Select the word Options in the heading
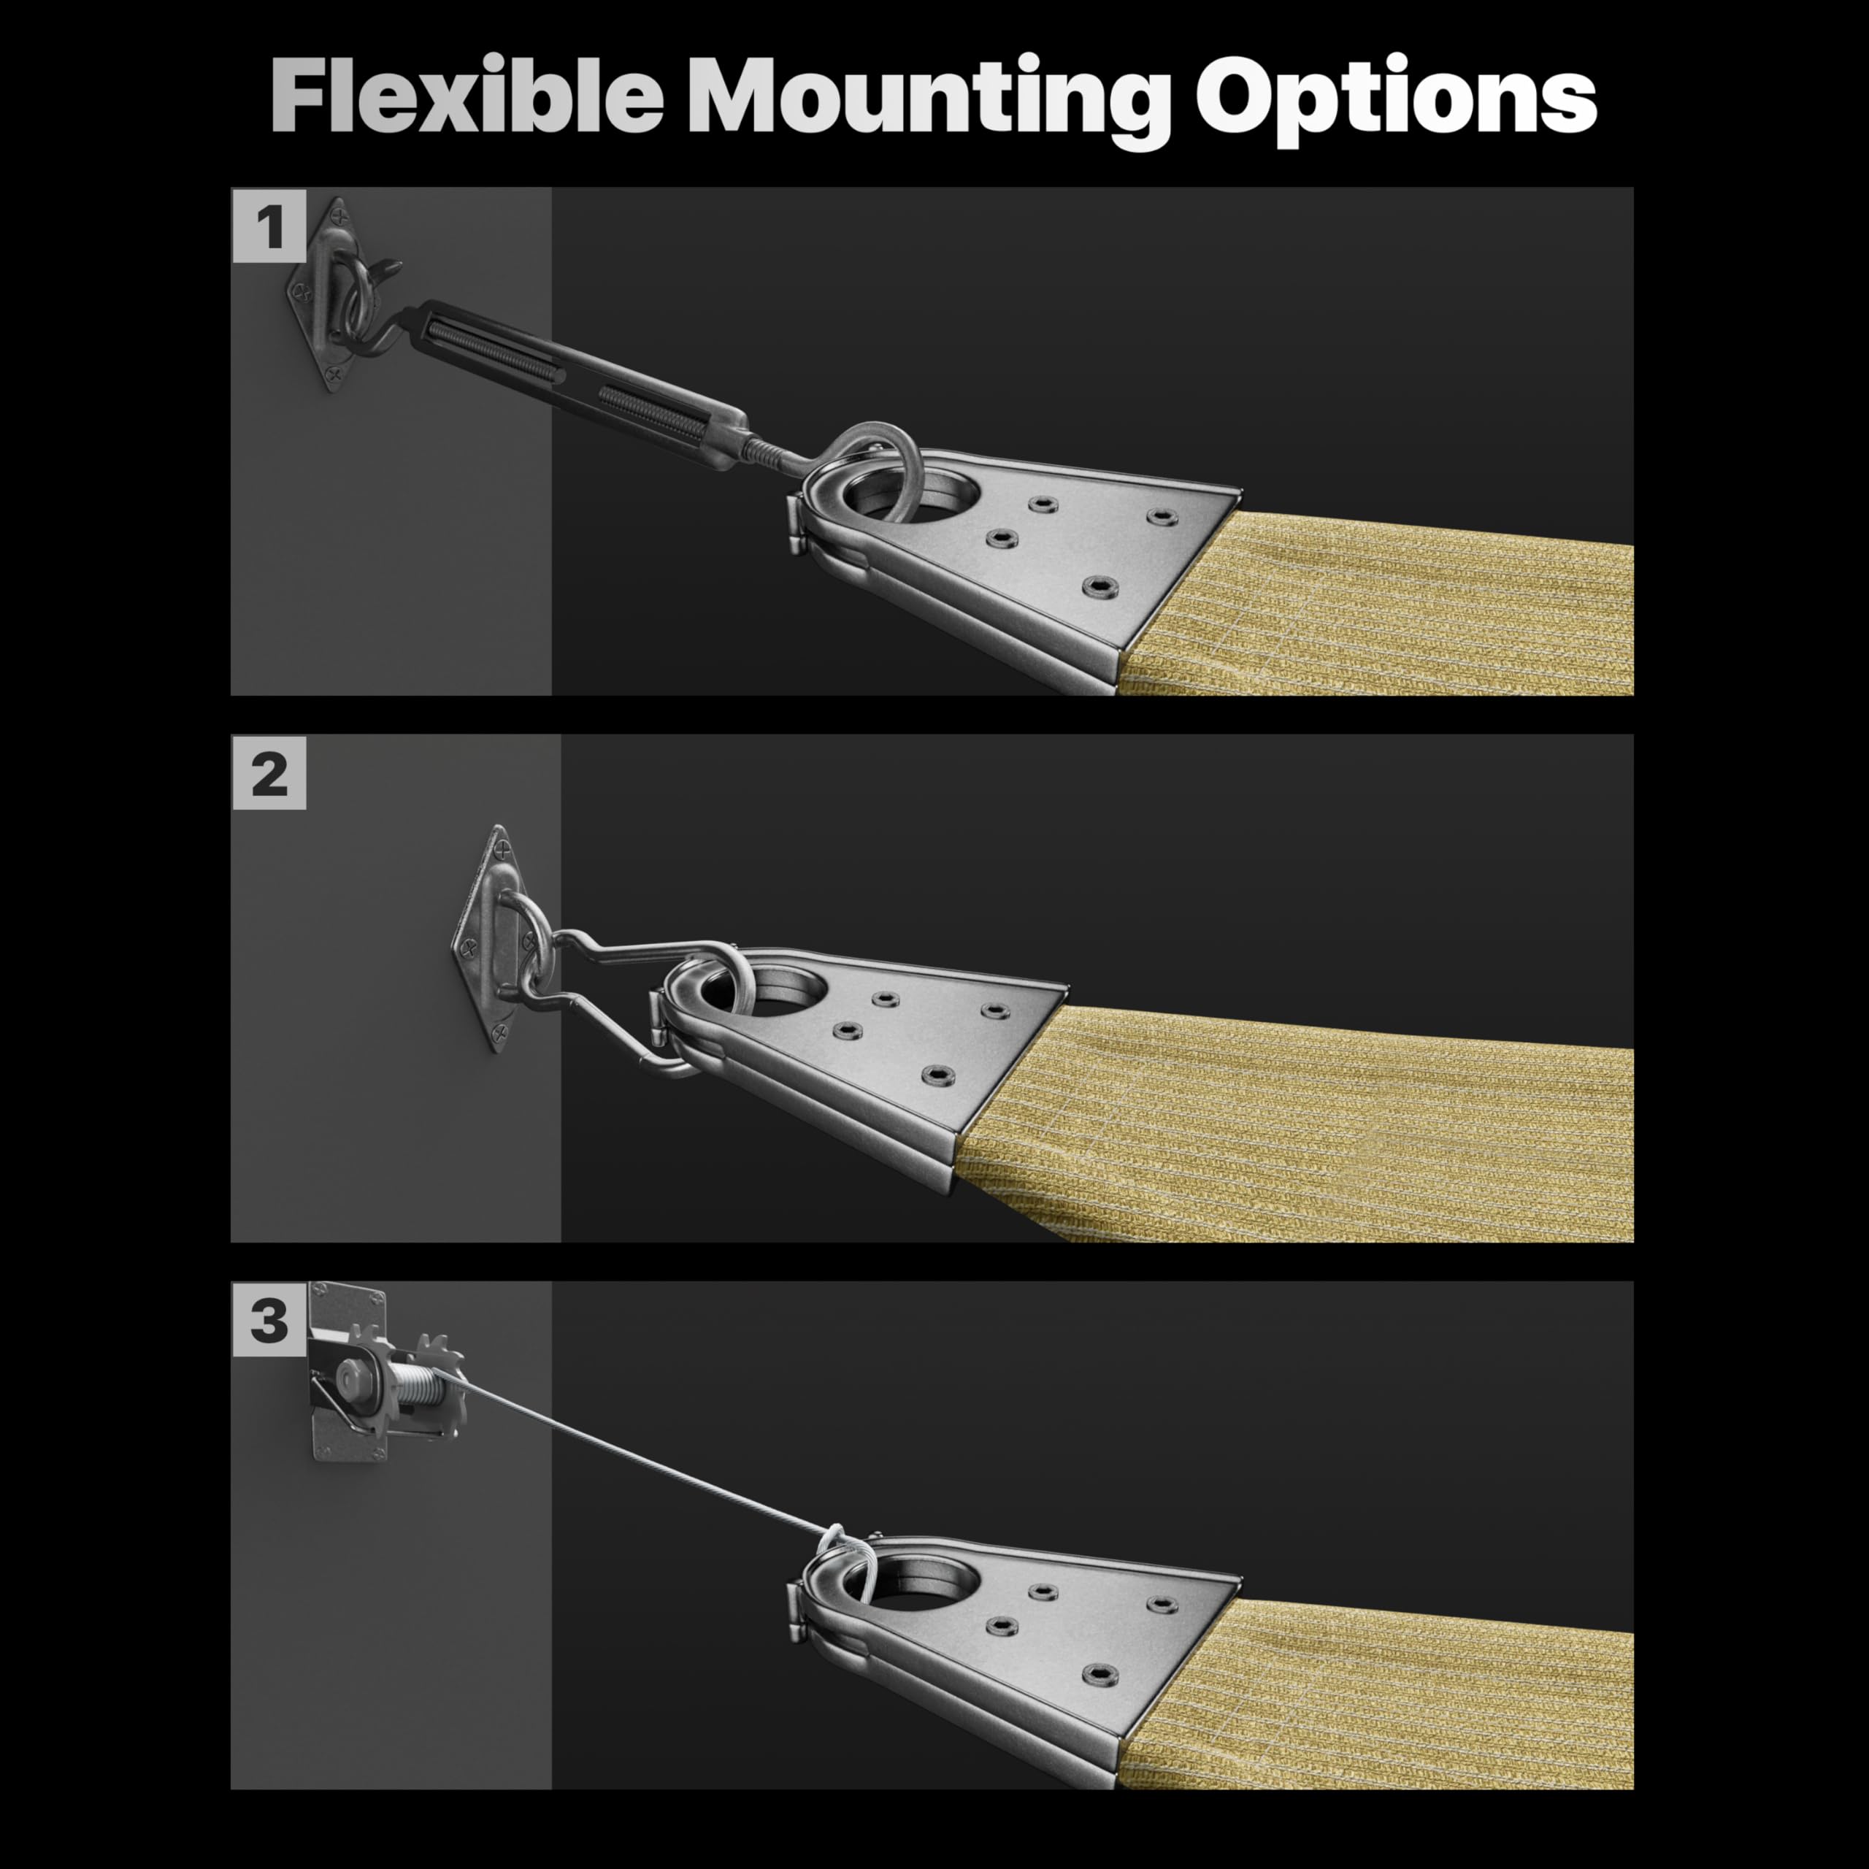click(x=1396, y=101)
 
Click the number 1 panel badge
click(x=269, y=226)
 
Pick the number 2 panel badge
click(x=269, y=773)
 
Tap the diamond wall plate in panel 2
click(x=495, y=938)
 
